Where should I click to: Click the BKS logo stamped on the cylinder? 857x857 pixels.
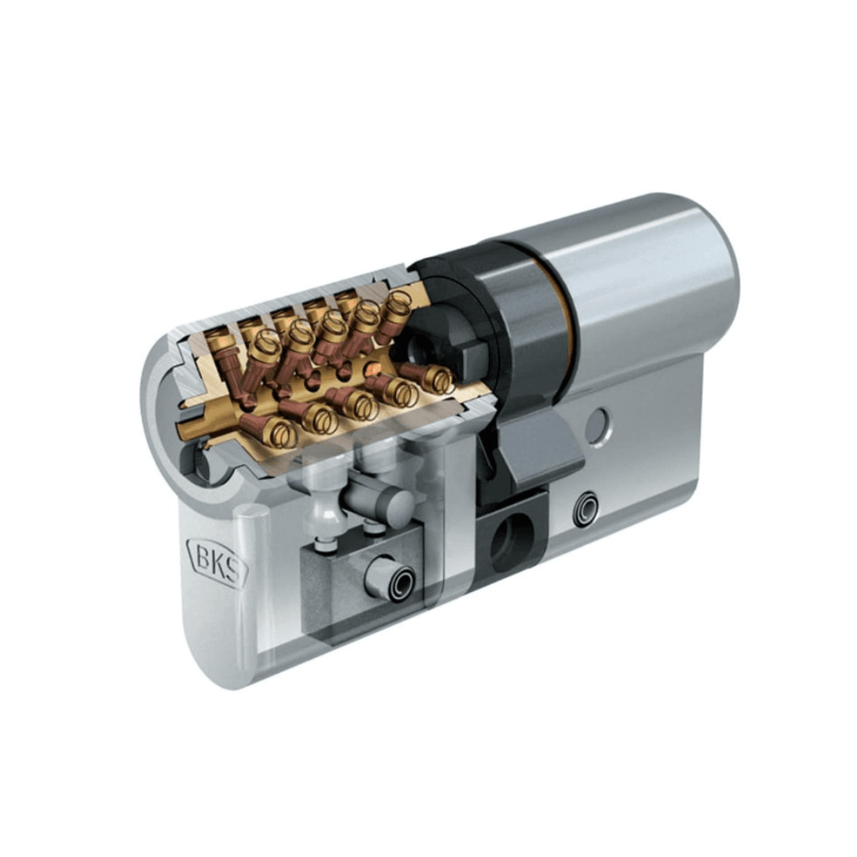click(217, 561)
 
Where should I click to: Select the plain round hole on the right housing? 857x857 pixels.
click(598, 425)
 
